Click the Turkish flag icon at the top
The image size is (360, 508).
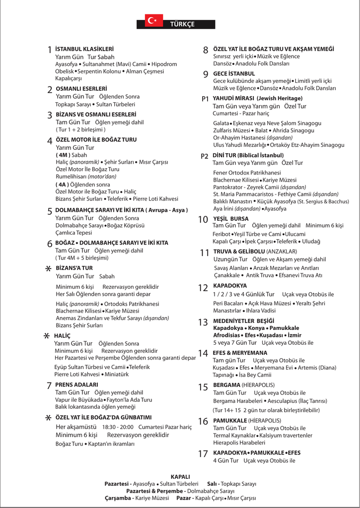pyautogui.click(x=151, y=20)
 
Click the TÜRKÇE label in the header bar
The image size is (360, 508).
pyautogui.click(x=182, y=24)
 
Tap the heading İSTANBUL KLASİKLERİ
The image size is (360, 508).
pyautogui.click(x=84, y=49)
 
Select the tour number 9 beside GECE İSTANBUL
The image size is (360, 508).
pyautogui.click(x=206, y=74)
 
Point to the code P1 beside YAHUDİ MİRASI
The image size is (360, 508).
pyautogui.click(x=205, y=99)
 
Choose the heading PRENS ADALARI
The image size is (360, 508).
pyautogui.click(x=76, y=384)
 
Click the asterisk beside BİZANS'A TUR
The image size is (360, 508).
pyautogui.click(x=48, y=268)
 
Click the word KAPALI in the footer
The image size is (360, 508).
pyautogui.click(x=180, y=476)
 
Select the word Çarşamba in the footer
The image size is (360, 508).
pyautogui.click(x=117, y=498)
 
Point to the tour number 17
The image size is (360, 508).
pyautogui.click(x=203, y=454)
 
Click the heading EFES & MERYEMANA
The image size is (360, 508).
pyautogui.click(x=240, y=353)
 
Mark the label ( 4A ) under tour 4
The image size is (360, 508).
pyautogui.click(x=62, y=184)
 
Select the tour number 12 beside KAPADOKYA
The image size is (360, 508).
pyautogui.click(x=203, y=288)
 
